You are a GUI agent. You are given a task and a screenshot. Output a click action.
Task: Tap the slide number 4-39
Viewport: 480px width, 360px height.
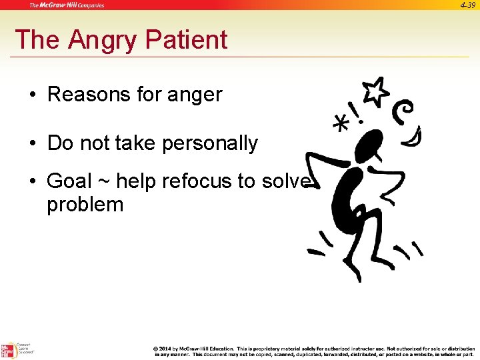pyautogui.click(x=468, y=5)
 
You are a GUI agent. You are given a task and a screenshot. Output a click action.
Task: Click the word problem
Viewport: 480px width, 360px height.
pyautogui.click(x=85, y=204)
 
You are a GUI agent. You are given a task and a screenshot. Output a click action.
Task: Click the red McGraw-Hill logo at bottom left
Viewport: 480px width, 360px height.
pyautogui.click(x=8, y=351)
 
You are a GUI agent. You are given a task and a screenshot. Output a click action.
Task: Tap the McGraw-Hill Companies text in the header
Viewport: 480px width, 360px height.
pyautogui.click(x=67, y=5)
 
